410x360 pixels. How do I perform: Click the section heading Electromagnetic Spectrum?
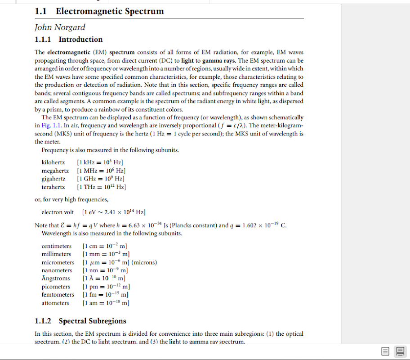click(x=110, y=11)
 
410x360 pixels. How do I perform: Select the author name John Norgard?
click(x=60, y=27)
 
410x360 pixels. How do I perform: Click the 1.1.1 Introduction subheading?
click(x=69, y=40)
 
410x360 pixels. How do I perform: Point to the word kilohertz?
click(x=53, y=162)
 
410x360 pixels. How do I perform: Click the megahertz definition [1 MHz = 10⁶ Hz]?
click(x=101, y=171)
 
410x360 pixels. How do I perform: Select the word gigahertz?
click(x=53, y=179)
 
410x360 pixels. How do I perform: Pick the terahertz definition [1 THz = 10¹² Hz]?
click(x=101, y=187)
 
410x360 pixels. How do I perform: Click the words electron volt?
click(x=58, y=212)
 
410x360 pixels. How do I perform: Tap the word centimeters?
click(x=57, y=246)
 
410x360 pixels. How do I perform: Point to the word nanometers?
click(x=57, y=270)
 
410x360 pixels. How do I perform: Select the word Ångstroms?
click(x=56, y=279)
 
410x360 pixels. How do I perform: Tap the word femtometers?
click(x=58, y=295)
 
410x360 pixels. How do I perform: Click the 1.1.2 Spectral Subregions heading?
click(x=80, y=321)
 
